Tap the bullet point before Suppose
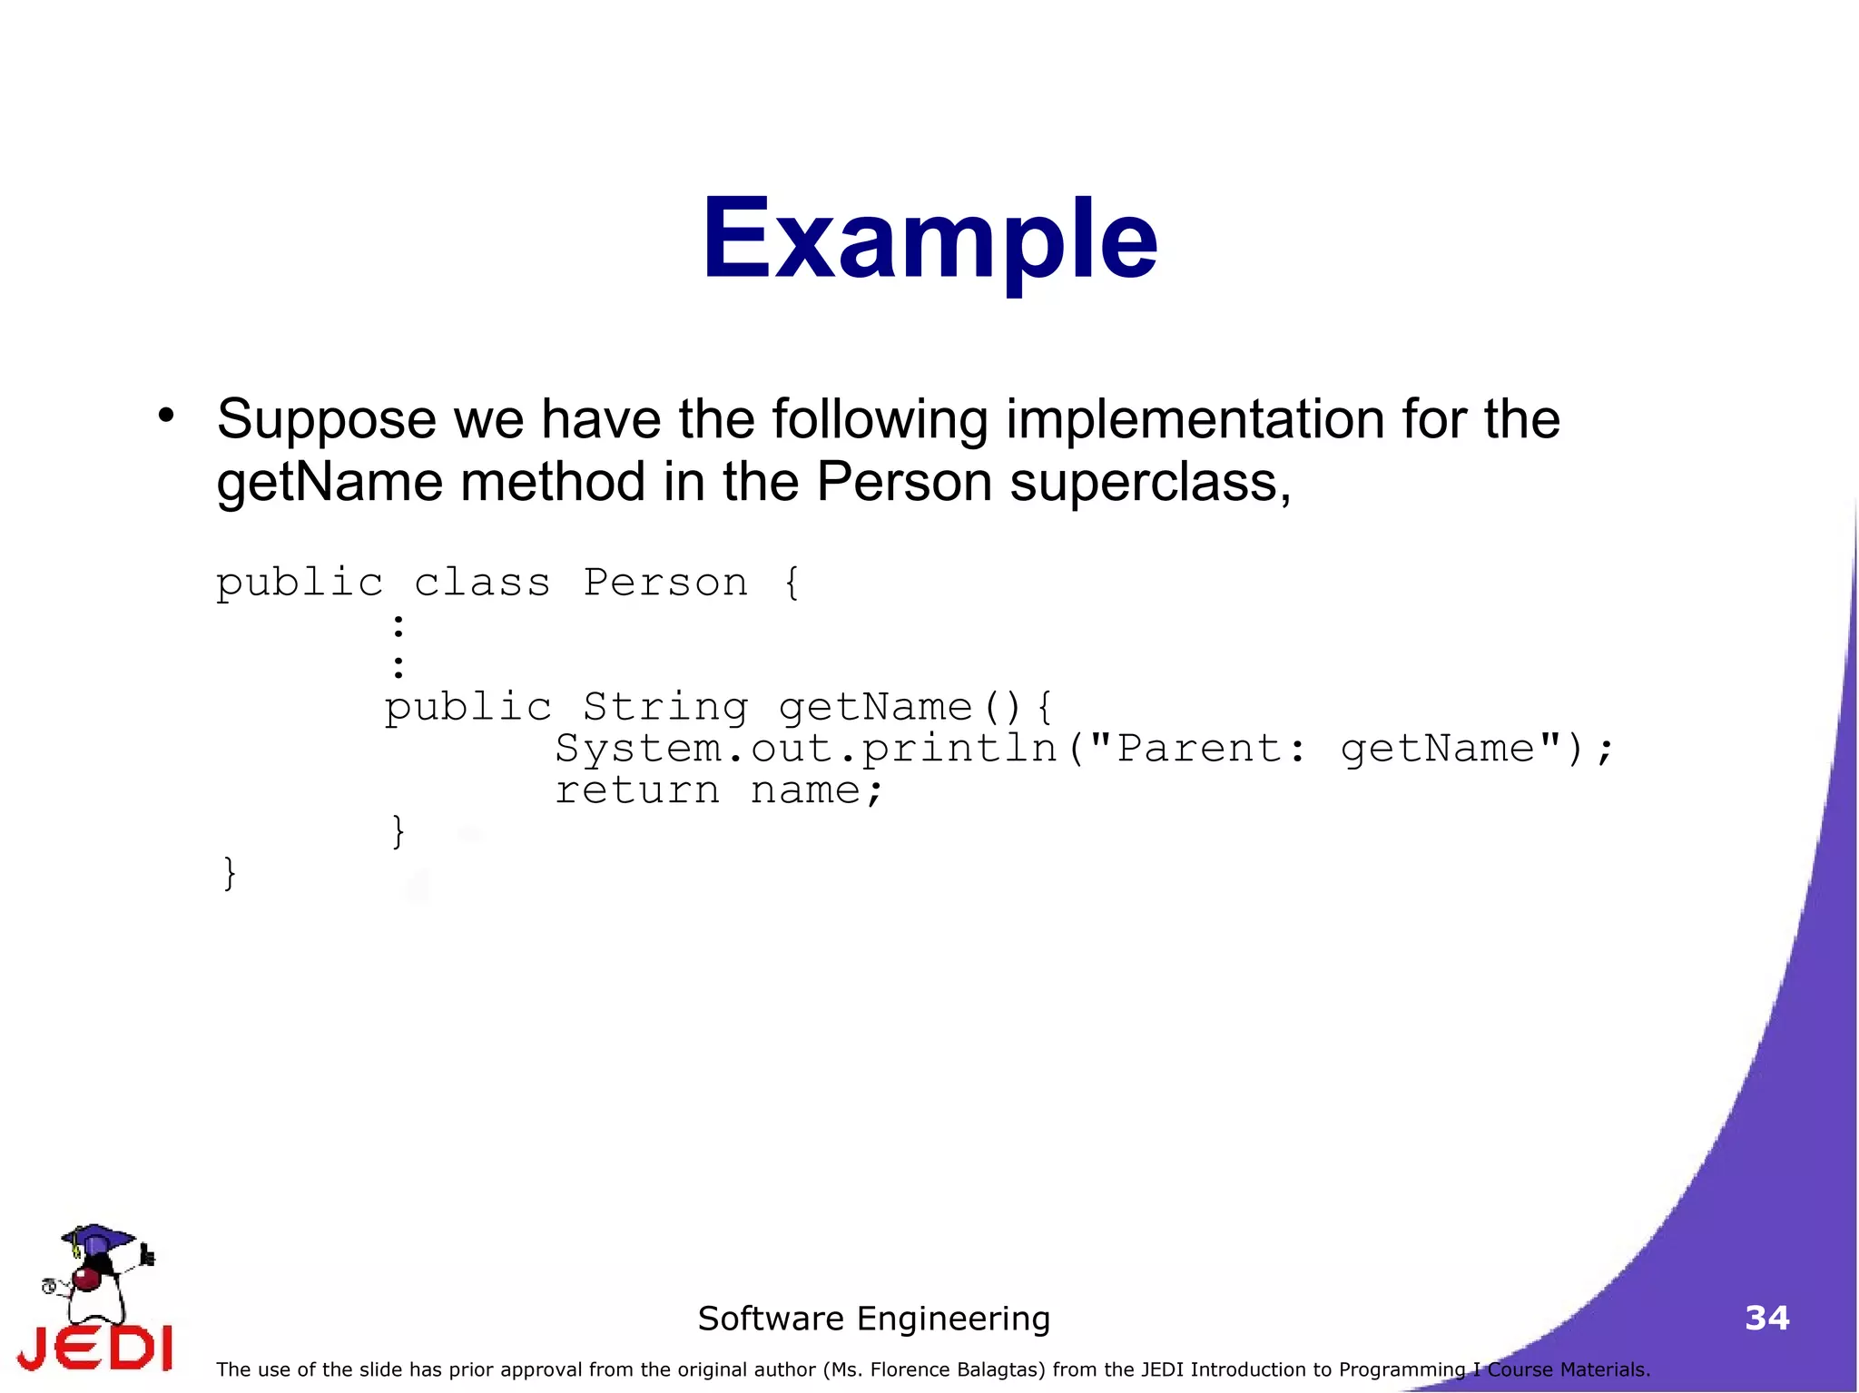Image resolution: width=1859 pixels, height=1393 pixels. coord(165,416)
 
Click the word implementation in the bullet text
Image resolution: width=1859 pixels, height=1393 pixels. coord(1195,419)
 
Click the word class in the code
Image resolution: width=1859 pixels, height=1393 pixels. coord(482,583)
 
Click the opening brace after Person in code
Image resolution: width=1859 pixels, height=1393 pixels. coord(792,583)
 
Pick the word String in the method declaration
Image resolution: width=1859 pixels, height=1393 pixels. coord(665,707)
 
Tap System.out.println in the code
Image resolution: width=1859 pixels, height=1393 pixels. coord(806,749)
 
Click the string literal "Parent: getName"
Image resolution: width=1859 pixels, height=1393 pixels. coord(1324,749)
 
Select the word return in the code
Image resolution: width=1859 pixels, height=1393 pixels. coord(637,790)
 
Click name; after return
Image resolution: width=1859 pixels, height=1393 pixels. coord(816,790)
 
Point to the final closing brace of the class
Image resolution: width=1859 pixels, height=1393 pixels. coord(230,873)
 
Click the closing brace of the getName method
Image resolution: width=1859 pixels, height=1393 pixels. coord(398,831)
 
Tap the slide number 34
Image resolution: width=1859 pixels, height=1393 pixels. coord(1766,1318)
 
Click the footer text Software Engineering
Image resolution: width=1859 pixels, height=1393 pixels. coord(873,1319)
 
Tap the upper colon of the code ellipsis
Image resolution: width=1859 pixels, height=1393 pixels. coord(398,625)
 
